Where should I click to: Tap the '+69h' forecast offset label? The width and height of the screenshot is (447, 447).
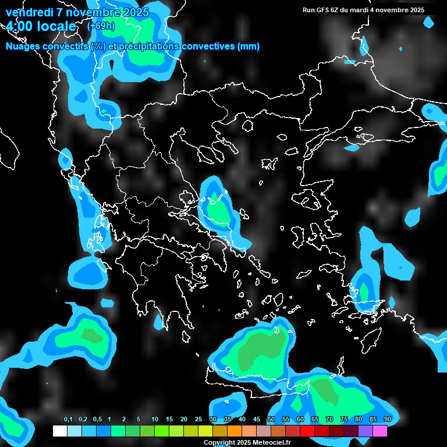[101, 26]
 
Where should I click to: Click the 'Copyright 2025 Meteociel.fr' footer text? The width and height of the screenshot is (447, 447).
[247, 443]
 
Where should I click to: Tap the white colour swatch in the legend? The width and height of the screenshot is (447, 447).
[59, 431]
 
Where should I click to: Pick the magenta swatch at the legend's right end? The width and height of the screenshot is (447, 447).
[379, 431]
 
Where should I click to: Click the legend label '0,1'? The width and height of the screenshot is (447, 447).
[68, 420]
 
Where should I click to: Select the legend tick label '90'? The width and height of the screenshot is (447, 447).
[387, 420]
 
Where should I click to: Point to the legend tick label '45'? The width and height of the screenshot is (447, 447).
[257, 420]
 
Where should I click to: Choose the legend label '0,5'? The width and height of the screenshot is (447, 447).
[97, 420]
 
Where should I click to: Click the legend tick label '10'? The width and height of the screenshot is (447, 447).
[155, 420]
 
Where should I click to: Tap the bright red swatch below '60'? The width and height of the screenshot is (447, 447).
[307, 431]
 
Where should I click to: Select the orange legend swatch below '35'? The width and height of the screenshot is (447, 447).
[234, 431]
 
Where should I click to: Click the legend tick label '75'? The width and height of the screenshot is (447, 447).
[343, 420]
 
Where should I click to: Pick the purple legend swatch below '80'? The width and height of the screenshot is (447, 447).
[365, 431]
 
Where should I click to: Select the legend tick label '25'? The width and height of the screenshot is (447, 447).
[198, 420]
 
